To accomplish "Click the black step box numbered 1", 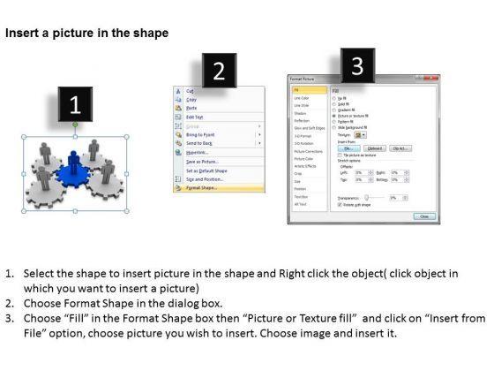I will click(75, 104).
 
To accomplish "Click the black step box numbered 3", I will click(356, 64).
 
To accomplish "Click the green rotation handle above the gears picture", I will click(74, 125).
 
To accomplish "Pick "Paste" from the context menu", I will click(191, 108).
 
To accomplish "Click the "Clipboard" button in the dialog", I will click(374, 148).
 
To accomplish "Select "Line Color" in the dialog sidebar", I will click(303, 97).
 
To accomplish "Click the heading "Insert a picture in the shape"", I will click(86, 33).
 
